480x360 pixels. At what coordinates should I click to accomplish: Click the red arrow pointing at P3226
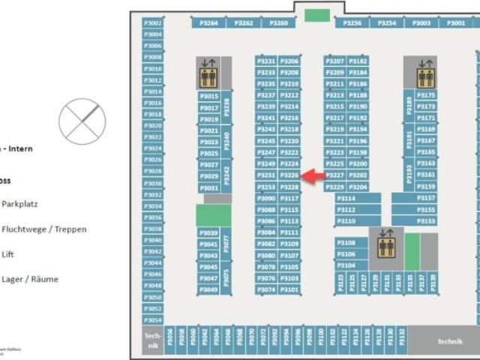click(313, 175)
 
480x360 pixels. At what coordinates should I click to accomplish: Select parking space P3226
click(289, 175)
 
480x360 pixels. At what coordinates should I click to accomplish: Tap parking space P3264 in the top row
click(209, 23)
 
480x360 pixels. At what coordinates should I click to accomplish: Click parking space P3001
click(456, 23)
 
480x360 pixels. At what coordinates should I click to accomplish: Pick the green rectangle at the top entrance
click(316, 15)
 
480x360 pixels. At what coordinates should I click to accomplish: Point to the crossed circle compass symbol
click(82, 119)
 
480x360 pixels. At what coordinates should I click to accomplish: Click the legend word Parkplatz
click(20, 203)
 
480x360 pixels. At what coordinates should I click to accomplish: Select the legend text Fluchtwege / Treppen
click(44, 229)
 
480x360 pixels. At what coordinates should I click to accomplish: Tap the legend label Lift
click(8, 254)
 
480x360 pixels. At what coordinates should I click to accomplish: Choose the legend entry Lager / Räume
click(30, 279)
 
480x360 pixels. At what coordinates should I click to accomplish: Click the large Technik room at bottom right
click(450, 340)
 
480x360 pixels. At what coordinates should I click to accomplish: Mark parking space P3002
click(152, 23)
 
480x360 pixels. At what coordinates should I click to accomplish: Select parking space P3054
click(152, 319)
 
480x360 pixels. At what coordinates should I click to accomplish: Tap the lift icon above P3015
click(207, 73)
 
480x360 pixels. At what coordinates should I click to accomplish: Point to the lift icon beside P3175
click(425, 73)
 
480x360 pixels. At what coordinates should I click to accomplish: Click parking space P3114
click(346, 199)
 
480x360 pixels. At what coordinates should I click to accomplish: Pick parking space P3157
click(425, 198)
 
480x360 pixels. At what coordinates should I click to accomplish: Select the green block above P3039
click(213, 215)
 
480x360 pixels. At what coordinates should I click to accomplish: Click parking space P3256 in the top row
click(352, 23)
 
